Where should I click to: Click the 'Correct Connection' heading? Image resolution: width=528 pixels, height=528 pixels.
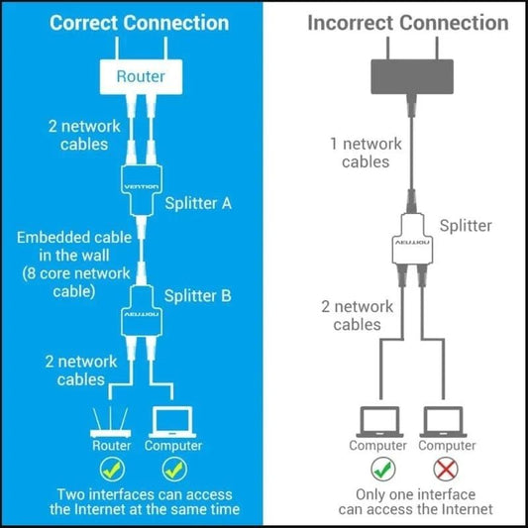(x=141, y=23)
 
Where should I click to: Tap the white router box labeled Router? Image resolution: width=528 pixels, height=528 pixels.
(x=141, y=75)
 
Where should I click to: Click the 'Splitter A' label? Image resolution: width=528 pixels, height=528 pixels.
(x=198, y=203)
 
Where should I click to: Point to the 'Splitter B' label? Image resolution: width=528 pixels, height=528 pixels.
(x=198, y=295)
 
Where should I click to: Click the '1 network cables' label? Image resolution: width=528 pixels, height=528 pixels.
(x=366, y=153)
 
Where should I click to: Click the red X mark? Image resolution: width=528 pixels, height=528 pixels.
(x=448, y=467)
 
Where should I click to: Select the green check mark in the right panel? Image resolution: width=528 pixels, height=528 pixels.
(x=377, y=467)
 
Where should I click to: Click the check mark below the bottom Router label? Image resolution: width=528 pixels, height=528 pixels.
(x=111, y=467)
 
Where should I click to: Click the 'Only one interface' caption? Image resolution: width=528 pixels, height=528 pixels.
(x=414, y=494)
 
